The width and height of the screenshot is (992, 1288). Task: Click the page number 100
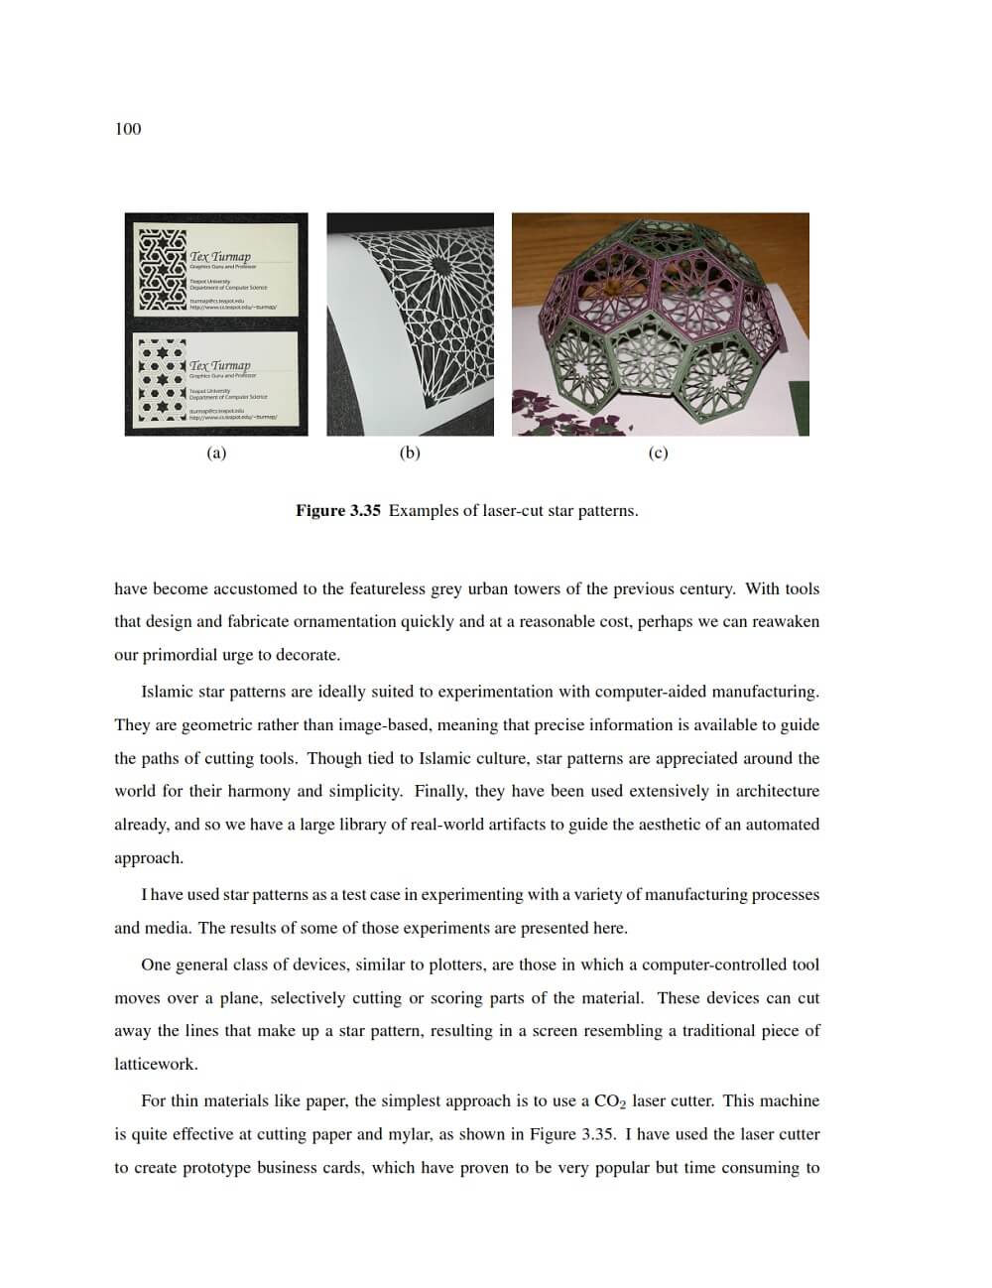(128, 129)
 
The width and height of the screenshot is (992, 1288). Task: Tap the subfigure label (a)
(216, 453)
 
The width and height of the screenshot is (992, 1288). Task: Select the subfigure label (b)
(410, 453)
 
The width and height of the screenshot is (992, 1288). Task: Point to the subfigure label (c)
(658, 453)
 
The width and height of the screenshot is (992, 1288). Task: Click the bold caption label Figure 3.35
(337, 511)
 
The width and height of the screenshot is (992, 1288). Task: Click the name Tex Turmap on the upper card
(220, 256)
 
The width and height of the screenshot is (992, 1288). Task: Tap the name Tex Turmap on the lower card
(220, 365)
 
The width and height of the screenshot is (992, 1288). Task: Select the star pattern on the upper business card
(162, 270)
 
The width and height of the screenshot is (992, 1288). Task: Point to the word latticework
(156, 1065)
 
